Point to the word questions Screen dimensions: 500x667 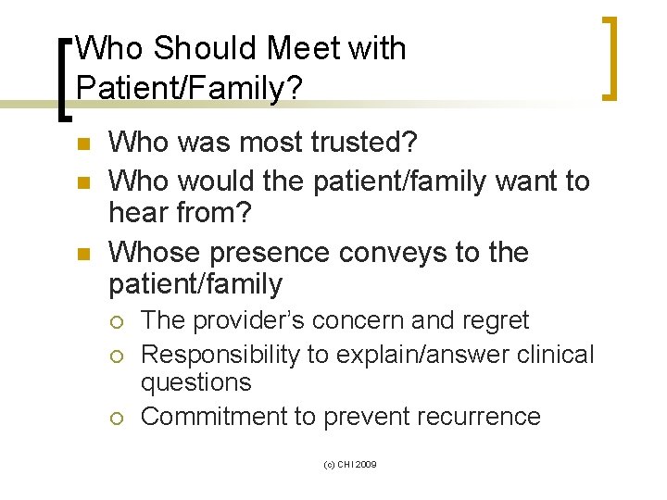195,382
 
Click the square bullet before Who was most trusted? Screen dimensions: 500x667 82,144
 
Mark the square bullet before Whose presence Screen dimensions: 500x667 82,254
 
